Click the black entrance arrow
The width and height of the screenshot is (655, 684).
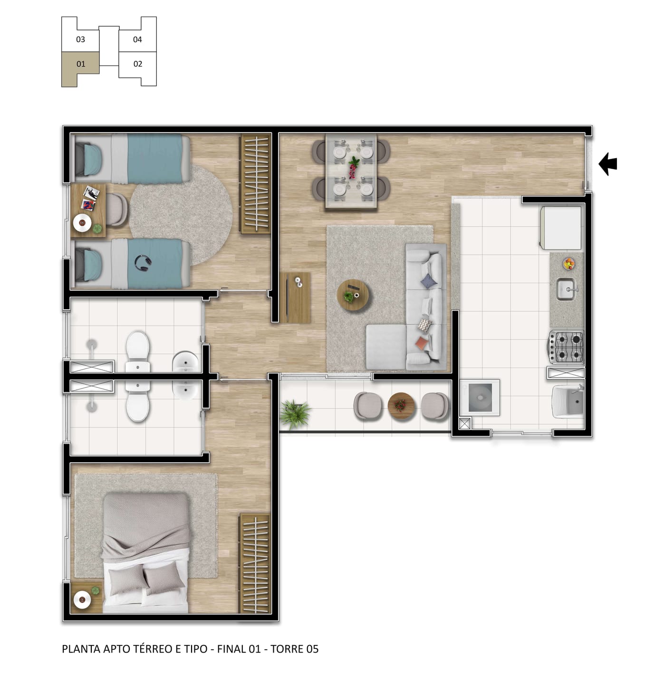(608, 164)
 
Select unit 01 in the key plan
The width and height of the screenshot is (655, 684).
(80, 64)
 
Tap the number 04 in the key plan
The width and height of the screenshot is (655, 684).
(137, 39)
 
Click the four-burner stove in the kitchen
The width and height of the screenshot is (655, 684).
(565, 347)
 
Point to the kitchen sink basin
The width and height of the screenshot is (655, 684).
(566, 289)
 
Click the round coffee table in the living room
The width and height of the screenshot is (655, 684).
(353, 294)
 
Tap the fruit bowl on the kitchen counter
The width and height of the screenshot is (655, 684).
(568, 263)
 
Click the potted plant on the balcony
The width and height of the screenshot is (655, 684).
(294, 414)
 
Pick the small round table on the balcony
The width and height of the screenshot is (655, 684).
(401, 405)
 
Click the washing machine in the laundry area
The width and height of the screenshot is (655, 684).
(480, 397)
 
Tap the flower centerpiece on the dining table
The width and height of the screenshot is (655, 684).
(353, 167)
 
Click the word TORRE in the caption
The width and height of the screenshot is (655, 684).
(285, 648)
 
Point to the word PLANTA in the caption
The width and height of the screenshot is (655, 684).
(81, 648)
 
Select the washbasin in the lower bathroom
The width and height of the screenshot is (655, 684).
(185, 389)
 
